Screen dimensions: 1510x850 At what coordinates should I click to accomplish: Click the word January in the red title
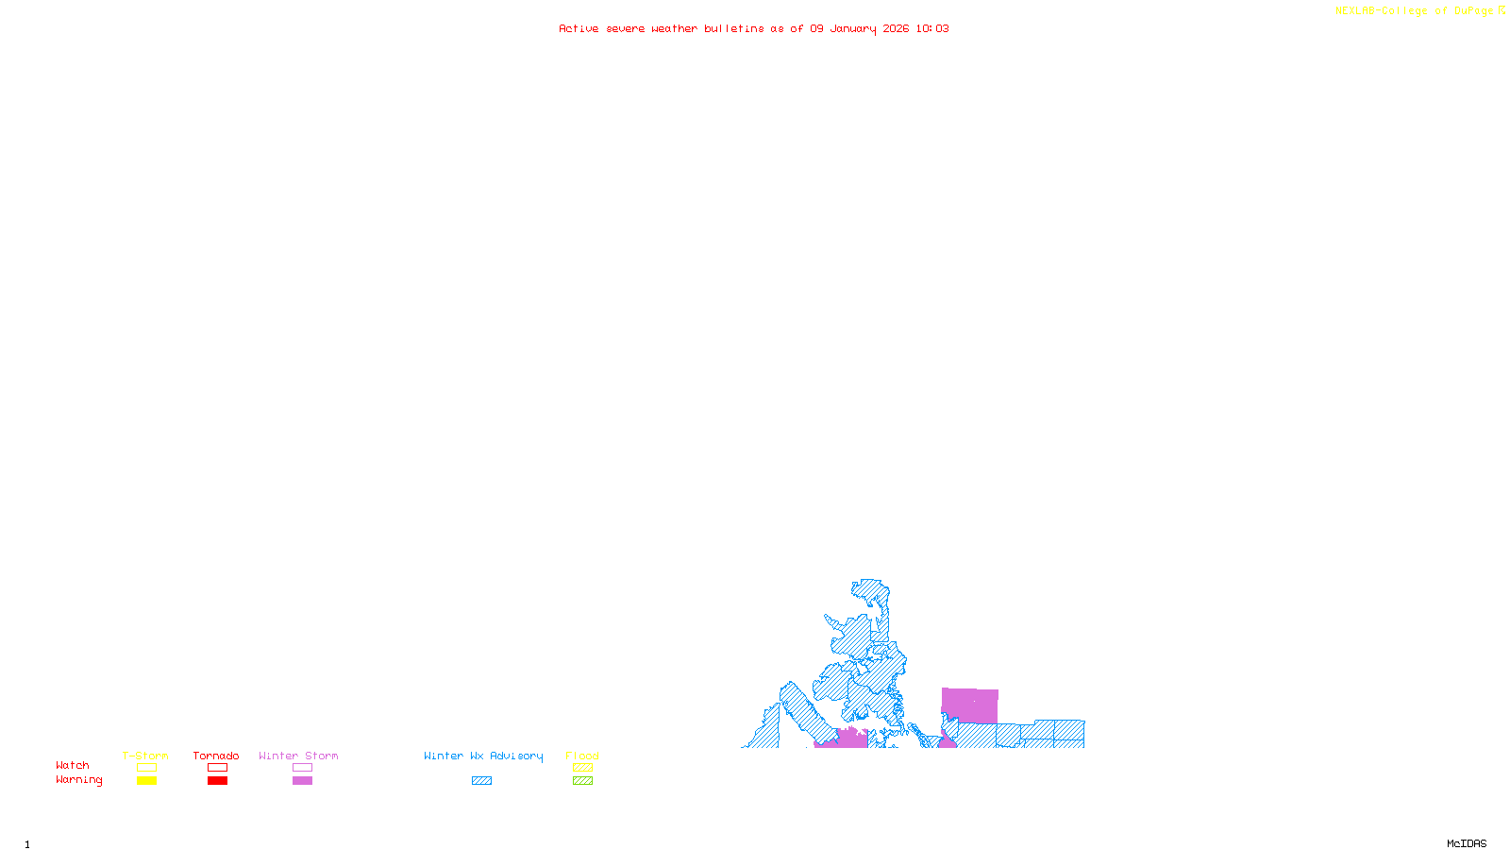(x=853, y=28)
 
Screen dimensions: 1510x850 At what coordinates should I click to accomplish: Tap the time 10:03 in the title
(x=931, y=28)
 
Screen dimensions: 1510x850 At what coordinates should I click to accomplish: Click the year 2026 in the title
(x=896, y=28)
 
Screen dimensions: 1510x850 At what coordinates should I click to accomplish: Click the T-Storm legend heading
(x=145, y=756)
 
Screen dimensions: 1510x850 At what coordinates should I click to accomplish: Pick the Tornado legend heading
(x=216, y=756)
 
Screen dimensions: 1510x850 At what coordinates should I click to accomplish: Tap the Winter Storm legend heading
(x=298, y=756)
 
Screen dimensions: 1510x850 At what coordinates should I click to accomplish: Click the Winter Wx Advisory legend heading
(x=483, y=756)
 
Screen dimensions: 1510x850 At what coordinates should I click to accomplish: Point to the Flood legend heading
(x=582, y=756)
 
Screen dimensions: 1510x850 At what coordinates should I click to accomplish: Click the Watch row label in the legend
(x=73, y=765)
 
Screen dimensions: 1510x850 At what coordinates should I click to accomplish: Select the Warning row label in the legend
(x=78, y=780)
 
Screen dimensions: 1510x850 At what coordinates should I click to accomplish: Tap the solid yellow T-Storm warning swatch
(x=146, y=781)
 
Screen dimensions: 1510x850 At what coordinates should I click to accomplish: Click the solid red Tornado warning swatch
(x=217, y=781)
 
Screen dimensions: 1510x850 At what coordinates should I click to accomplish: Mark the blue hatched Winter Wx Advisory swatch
(x=481, y=781)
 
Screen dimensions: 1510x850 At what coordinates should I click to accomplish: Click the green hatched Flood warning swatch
(x=582, y=781)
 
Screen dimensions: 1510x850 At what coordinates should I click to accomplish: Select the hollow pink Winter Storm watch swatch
(x=302, y=768)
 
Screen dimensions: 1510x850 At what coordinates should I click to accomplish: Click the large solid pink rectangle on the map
(x=970, y=705)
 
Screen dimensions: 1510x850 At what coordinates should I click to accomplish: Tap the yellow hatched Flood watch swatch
(x=582, y=768)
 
